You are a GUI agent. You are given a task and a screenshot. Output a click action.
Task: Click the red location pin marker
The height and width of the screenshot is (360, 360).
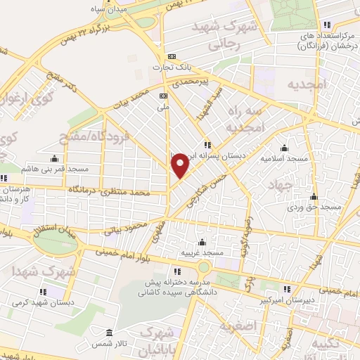(x=181, y=165)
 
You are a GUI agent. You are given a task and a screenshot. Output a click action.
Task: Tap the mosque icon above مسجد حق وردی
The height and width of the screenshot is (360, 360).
(x=314, y=196)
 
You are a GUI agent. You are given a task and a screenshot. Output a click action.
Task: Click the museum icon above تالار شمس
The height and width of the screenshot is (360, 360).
(x=108, y=333)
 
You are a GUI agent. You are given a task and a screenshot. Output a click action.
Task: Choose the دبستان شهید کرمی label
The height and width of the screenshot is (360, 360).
(x=37, y=302)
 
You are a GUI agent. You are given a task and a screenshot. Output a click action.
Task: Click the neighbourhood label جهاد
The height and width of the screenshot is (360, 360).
(x=279, y=185)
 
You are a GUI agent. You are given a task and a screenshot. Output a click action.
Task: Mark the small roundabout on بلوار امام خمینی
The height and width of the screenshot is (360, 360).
(x=203, y=267)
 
